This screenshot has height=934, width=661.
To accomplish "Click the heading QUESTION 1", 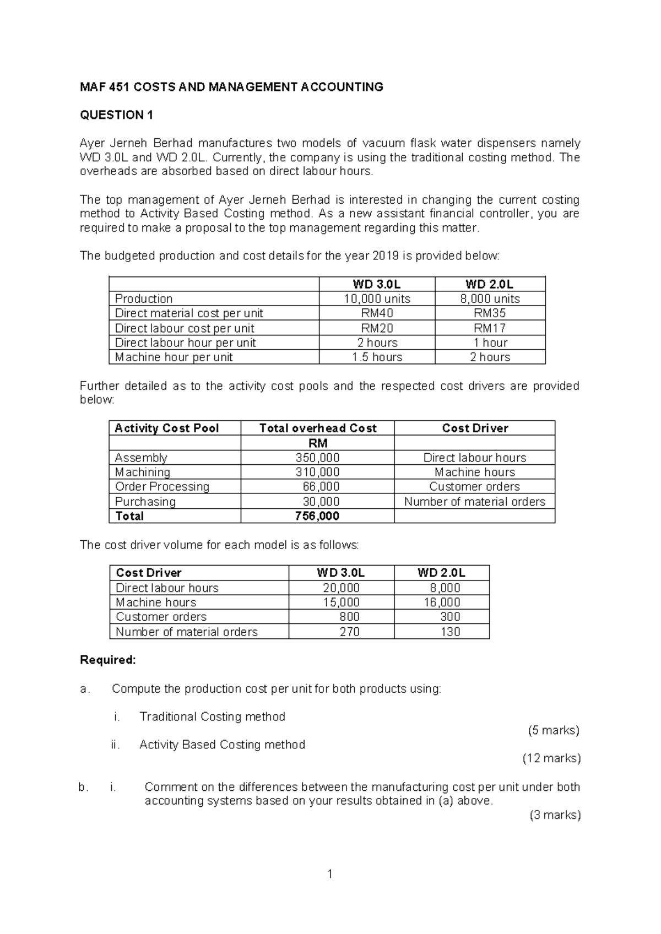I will tap(116, 115).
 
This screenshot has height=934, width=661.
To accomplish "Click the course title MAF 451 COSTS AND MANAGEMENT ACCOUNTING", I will tap(231, 87).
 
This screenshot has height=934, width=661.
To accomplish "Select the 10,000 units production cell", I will tap(377, 299).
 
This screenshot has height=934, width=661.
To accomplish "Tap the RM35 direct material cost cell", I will tap(490, 313).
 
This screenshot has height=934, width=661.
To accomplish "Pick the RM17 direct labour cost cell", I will tap(490, 328).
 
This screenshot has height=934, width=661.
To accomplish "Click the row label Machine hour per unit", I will tap(174, 357).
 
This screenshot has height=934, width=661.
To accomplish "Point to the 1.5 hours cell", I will tap(377, 357).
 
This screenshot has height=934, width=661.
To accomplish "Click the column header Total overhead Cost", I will tap(318, 428).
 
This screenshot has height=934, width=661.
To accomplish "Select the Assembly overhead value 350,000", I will tap(318, 458).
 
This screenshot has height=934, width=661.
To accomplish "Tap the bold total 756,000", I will tap(317, 516).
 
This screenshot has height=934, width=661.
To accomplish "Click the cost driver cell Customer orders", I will tap(474, 487).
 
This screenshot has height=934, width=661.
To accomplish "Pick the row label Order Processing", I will tap(162, 487).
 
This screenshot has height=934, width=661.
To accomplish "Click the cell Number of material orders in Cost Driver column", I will tap(474, 502).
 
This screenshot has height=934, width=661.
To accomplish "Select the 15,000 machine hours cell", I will tap(341, 602).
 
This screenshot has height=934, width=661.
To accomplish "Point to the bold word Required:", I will tap(108, 660).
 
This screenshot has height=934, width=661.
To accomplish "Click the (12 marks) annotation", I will tap(551, 759).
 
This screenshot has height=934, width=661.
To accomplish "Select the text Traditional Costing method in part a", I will tap(212, 716).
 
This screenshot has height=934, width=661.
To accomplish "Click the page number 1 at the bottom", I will tap(330, 873).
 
